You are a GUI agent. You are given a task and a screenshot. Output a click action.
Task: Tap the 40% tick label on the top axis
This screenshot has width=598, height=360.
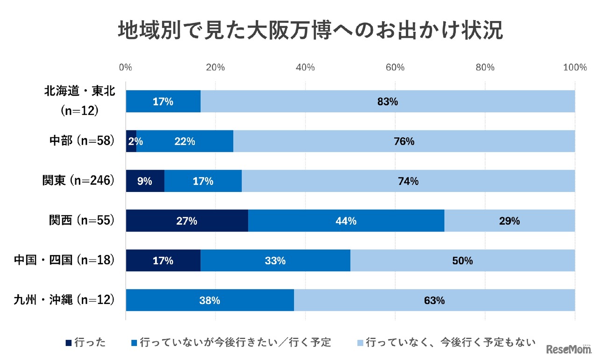tap(305, 67)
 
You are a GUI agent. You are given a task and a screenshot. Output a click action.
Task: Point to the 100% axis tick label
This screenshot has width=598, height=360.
tap(575, 67)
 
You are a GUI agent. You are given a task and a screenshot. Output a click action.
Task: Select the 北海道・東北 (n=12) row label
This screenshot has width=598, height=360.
tap(79, 101)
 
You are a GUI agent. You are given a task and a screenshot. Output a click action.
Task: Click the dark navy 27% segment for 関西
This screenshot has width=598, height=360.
tap(186, 221)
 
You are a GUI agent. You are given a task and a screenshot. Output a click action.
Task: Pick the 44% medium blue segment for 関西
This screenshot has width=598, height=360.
tap(346, 221)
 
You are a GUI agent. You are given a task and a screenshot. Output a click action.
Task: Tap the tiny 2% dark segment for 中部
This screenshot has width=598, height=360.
tap(131, 141)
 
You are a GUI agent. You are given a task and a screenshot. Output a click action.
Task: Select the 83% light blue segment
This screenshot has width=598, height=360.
tap(388, 101)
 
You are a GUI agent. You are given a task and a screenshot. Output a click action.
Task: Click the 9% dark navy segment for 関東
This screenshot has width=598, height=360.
tap(145, 181)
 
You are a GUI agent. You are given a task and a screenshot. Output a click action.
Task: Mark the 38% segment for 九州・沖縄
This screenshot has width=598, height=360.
tap(210, 301)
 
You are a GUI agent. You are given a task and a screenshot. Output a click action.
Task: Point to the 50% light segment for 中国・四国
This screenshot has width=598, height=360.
tap(462, 261)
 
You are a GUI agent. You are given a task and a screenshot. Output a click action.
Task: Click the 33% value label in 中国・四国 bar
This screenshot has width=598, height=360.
tap(275, 261)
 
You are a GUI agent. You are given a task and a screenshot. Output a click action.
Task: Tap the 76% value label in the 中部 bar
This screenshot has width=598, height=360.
tap(404, 141)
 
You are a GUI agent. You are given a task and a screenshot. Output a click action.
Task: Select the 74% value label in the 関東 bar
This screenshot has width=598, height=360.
tap(408, 181)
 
